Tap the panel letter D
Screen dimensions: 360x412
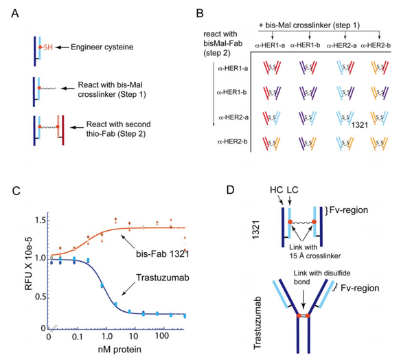point(249,186)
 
